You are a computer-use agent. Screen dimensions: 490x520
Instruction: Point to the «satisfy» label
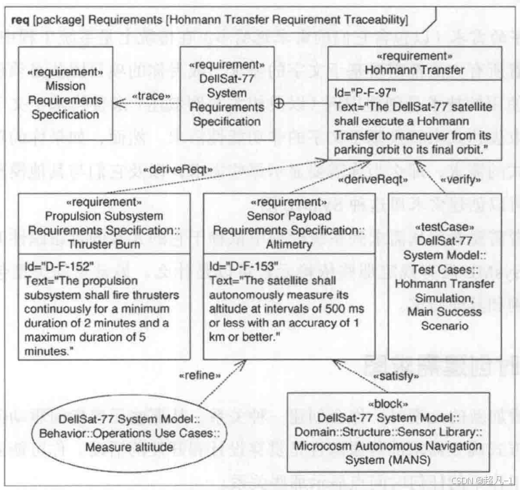tap(395, 376)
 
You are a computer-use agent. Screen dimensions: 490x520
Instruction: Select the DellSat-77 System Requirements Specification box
tap(227, 92)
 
